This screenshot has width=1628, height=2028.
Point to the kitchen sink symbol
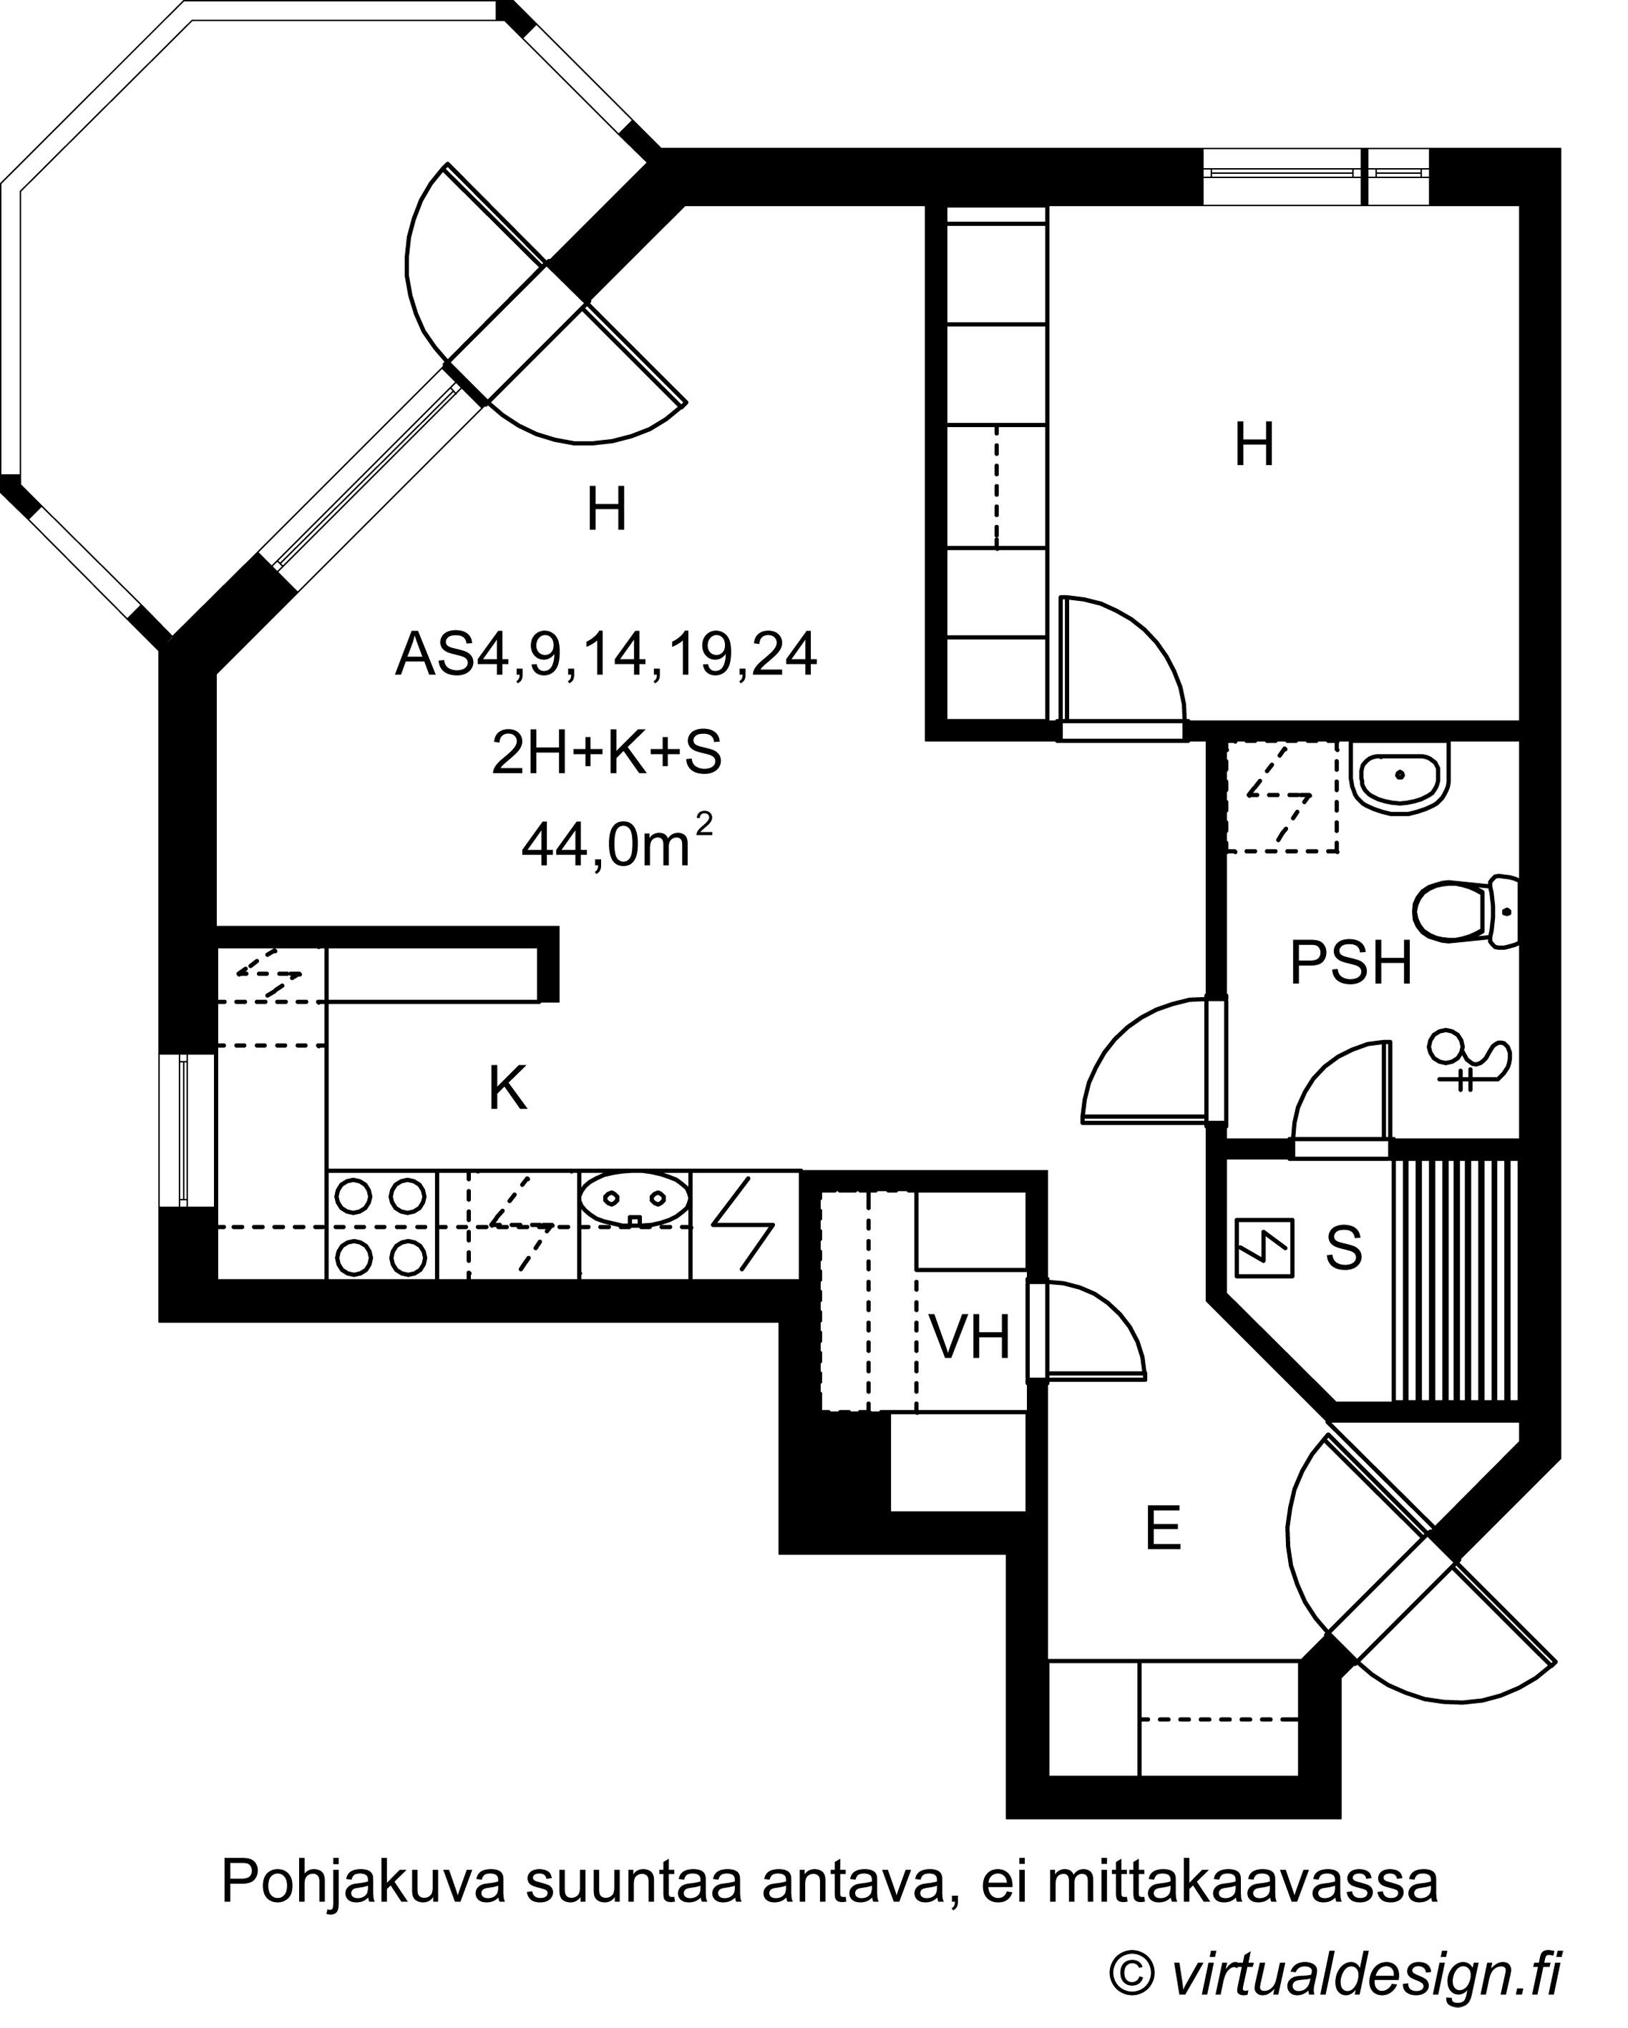pyautogui.click(x=634, y=1200)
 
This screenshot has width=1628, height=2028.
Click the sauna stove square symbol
pyautogui.click(x=1264, y=1248)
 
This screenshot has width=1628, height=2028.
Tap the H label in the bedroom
pyautogui.click(x=1254, y=445)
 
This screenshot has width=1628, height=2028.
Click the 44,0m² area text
pyautogui.click(x=616, y=842)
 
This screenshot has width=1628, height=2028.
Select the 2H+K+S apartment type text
pyautogui.click(x=607, y=753)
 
